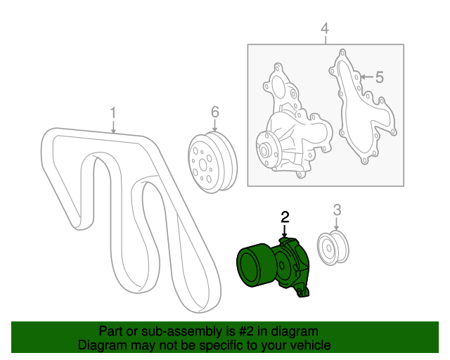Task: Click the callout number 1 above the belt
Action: [x=112, y=113]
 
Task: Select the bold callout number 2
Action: [x=285, y=217]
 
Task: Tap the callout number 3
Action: [x=337, y=209]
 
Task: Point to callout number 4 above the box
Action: [x=324, y=28]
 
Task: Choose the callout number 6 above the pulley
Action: [x=215, y=112]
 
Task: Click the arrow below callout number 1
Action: [x=113, y=127]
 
